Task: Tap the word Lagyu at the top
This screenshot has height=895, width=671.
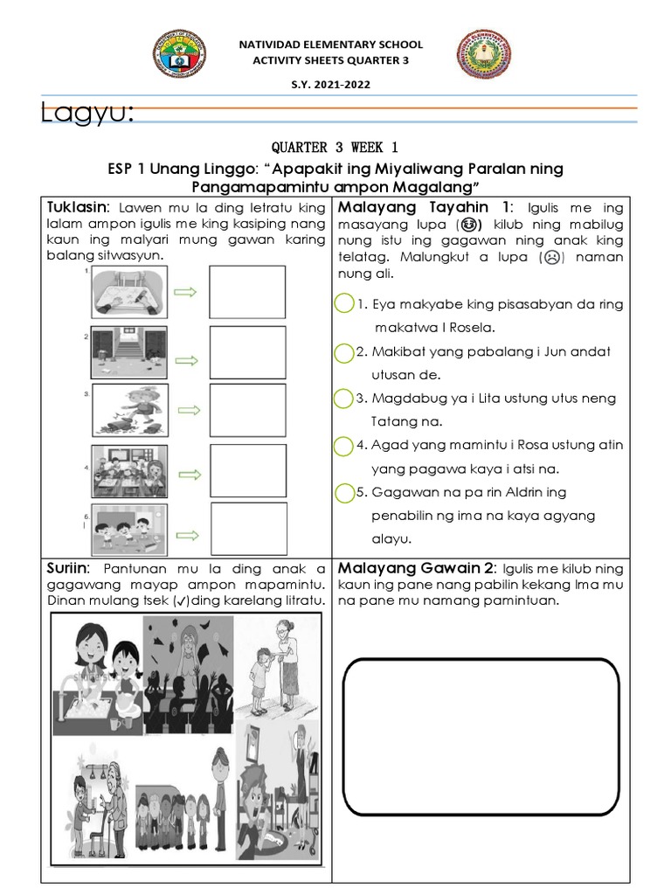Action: pos(87,113)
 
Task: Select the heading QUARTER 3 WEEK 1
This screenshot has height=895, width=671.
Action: pos(335,146)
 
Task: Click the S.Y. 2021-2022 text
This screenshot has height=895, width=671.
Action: pos(336,85)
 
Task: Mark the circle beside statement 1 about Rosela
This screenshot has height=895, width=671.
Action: pos(344,304)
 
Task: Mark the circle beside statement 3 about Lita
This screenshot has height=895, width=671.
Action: pos(344,398)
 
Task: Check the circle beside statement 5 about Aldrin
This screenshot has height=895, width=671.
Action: pos(344,492)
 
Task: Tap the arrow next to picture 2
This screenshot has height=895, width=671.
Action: pos(186,358)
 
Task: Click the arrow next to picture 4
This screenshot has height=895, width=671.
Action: pos(186,473)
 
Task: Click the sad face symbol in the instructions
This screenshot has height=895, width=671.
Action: pos(551,257)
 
